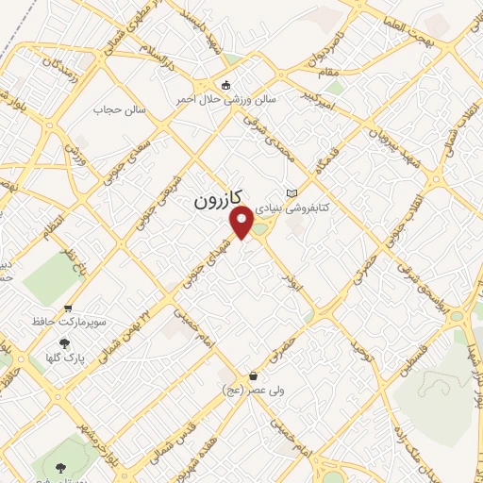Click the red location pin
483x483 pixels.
click(x=242, y=222)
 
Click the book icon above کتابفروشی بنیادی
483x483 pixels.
click(x=291, y=192)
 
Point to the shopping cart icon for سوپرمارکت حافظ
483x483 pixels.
click(x=69, y=308)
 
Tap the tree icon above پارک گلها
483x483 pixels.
click(x=64, y=343)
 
